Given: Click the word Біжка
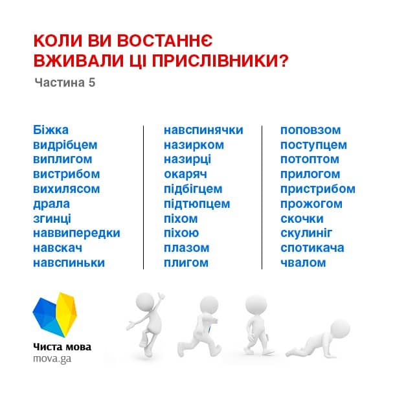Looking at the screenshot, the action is [51, 130].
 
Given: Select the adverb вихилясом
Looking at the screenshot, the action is [67, 189].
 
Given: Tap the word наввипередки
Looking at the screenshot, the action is [76, 234].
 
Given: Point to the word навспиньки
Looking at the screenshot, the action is [69, 263].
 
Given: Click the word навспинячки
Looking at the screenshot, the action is [203, 130].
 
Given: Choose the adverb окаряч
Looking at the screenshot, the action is [185, 174].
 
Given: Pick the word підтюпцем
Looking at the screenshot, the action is [197, 204].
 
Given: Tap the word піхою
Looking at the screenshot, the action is [181, 233].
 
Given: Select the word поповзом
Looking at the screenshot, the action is [311, 130].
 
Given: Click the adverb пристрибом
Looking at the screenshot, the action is [318, 189].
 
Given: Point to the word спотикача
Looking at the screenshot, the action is [312, 248].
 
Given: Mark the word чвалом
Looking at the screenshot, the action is [303, 263].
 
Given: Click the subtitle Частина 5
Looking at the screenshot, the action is [65, 83].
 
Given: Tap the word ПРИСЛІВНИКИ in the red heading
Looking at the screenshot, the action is [220, 61].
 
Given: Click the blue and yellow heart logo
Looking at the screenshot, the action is [54, 315].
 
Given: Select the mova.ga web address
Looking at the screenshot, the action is [52, 359].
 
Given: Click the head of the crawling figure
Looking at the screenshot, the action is [340, 329].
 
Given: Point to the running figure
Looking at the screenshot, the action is [199, 326].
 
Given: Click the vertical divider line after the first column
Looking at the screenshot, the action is [143, 198].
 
